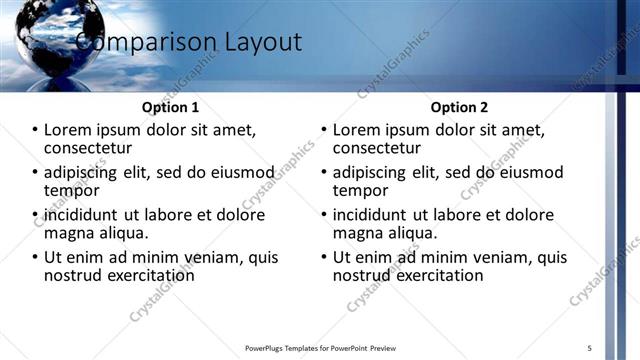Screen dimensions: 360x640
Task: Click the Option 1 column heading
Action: [172, 107]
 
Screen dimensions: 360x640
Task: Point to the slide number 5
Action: [590, 347]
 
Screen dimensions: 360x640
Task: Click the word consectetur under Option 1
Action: [89, 149]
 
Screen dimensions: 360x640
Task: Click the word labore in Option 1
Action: [173, 214]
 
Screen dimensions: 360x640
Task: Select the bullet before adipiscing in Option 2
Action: [324, 172]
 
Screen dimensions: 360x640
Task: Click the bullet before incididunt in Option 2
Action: [324, 214]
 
